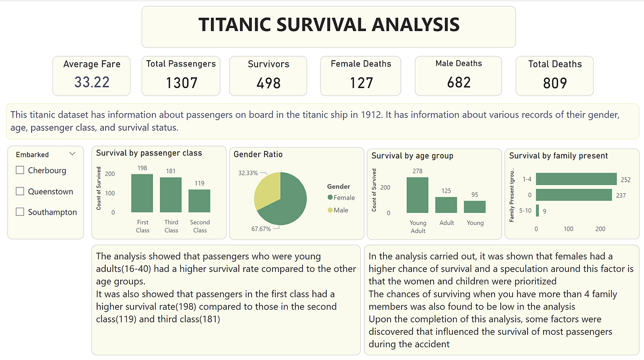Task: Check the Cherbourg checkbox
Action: (x=20, y=170)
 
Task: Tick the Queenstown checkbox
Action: (x=20, y=191)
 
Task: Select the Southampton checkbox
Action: (x=20, y=212)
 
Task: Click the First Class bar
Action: (x=142, y=194)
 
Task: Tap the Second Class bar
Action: (x=200, y=201)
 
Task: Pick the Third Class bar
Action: (x=171, y=195)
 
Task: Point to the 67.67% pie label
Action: (x=262, y=229)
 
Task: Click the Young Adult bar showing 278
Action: (x=418, y=195)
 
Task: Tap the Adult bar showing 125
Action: (x=447, y=205)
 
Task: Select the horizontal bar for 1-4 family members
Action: (x=576, y=179)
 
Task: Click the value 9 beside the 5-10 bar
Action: (x=545, y=211)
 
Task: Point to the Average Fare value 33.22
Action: (x=92, y=82)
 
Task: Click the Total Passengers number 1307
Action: (x=181, y=83)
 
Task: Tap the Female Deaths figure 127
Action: (x=361, y=83)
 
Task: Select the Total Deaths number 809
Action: (x=554, y=83)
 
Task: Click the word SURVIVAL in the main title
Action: (x=328, y=25)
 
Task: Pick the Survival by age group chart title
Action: (x=412, y=156)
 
